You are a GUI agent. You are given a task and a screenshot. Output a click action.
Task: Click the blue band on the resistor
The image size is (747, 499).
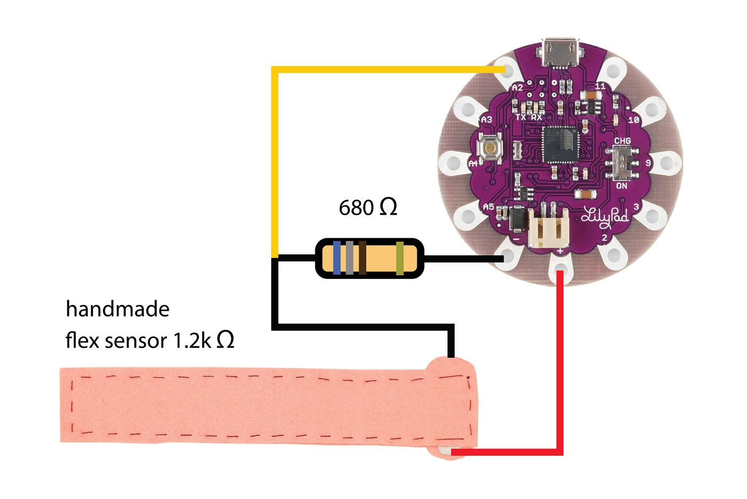click(337, 258)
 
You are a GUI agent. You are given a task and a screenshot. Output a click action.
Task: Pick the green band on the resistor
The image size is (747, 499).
click(400, 258)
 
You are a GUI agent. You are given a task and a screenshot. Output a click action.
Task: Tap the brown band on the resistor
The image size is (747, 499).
click(362, 258)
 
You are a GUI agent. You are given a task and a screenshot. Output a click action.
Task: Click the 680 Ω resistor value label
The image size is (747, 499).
click(368, 207)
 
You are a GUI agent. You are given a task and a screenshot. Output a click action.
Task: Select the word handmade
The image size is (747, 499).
click(117, 309)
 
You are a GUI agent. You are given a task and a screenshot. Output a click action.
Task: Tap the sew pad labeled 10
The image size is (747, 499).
click(651, 111)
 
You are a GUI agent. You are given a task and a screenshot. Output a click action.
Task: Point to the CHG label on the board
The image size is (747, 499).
click(622, 141)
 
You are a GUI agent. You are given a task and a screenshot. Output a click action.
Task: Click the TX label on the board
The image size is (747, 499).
click(521, 117)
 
